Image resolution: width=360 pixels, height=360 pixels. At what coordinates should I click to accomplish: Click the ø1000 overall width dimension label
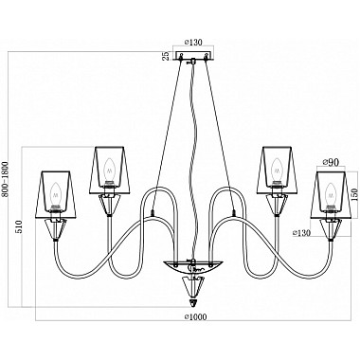tap(195, 316)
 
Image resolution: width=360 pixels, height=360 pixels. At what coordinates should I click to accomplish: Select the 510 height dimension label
tap(20, 226)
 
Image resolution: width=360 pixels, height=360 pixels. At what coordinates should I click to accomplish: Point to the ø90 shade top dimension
tap(331, 162)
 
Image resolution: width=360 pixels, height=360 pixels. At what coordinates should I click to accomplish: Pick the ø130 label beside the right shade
tap(301, 233)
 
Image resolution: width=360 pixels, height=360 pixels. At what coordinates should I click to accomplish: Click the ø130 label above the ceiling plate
tap(193, 42)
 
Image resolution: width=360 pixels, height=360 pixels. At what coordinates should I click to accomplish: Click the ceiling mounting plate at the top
tap(193, 56)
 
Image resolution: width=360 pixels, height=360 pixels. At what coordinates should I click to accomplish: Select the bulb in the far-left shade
tap(56, 192)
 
